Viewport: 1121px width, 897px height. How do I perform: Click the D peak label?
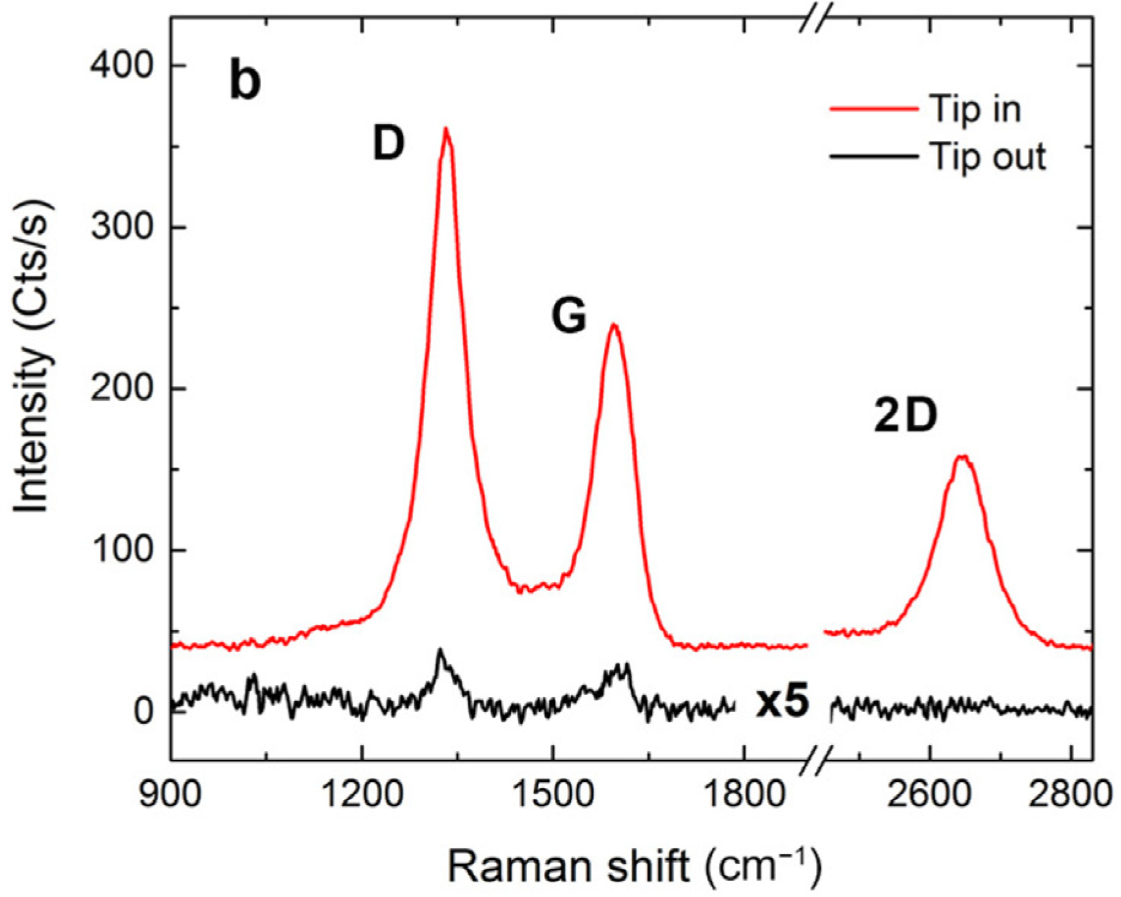click(x=389, y=145)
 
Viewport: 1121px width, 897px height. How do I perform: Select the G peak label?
click(x=569, y=317)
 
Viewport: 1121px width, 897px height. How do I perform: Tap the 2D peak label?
click(x=905, y=417)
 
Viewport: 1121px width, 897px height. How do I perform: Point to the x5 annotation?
click(x=782, y=702)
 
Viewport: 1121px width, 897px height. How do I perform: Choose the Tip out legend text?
click(x=987, y=157)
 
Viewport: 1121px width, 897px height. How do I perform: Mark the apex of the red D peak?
click(x=446, y=129)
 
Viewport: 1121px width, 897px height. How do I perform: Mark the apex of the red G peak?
click(x=613, y=325)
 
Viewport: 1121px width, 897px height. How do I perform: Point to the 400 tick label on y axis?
click(x=121, y=65)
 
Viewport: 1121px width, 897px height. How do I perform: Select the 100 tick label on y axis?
click(x=121, y=550)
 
